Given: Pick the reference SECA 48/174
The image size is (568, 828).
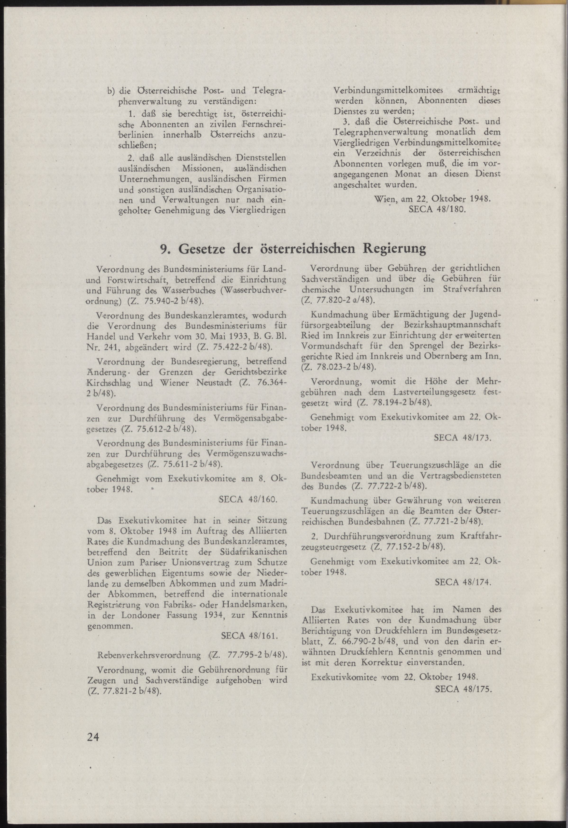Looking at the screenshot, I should click(463, 582).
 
